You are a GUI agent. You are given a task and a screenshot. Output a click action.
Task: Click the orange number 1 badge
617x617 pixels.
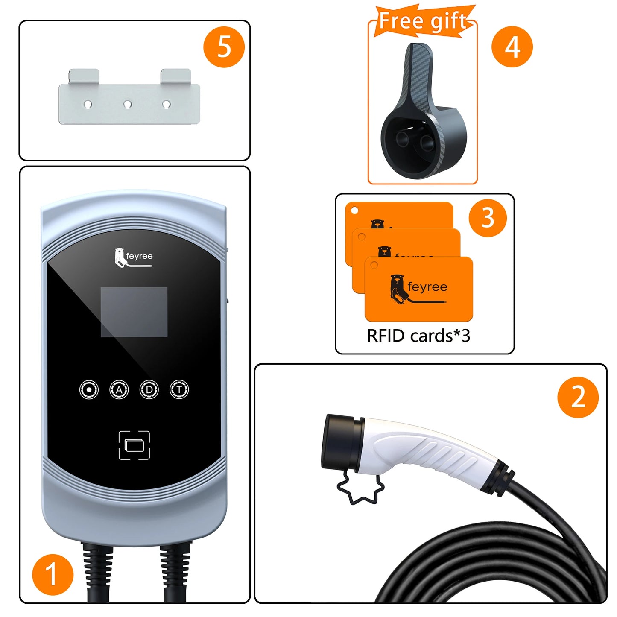pyautogui.click(x=53, y=574)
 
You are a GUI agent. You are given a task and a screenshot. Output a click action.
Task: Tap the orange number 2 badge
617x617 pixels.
pyautogui.click(x=578, y=397)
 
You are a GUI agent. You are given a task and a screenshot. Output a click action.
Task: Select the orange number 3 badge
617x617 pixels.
pyautogui.click(x=488, y=218)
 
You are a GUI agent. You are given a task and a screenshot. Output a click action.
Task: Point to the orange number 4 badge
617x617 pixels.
pyautogui.click(x=512, y=47)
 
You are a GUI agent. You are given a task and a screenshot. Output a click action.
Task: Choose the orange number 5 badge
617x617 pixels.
pyautogui.click(x=224, y=47)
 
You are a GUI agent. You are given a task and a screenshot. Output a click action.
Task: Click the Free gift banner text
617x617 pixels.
pyautogui.click(x=423, y=21)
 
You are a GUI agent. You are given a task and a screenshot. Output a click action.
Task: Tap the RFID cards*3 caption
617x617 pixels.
pyautogui.click(x=418, y=336)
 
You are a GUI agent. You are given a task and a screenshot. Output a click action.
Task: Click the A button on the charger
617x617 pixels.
pyautogui.click(x=119, y=389)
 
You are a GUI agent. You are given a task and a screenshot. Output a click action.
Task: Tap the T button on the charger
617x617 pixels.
pyautogui.click(x=179, y=389)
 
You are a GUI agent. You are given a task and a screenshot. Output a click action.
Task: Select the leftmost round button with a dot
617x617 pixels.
pyautogui.click(x=89, y=389)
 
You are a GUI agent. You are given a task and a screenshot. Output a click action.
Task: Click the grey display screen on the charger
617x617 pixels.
pyautogui.click(x=134, y=312)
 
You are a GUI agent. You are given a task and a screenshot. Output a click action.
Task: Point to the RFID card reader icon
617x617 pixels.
pyautogui.click(x=134, y=445)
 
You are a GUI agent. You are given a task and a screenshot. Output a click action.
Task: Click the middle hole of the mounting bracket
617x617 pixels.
pyautogui.click(x=127, y=104)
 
